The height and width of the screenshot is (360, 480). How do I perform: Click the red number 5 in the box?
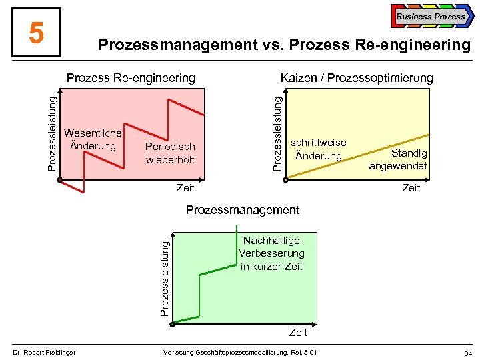37,33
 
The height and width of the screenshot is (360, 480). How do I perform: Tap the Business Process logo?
430,16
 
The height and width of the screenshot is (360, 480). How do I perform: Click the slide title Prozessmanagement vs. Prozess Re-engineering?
284,45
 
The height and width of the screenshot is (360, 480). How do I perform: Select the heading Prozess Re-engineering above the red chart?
131,78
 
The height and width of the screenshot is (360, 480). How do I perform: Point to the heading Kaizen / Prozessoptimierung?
357,78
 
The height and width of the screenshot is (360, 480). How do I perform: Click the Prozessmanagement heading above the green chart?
243,210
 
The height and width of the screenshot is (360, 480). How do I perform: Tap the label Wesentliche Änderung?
93,139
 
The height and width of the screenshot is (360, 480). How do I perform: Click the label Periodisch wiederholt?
170,153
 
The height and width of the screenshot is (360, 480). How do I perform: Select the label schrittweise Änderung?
318,149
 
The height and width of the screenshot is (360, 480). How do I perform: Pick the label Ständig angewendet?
399,159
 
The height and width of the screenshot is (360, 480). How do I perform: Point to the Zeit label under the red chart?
185,188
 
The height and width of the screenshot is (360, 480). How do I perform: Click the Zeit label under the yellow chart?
411,188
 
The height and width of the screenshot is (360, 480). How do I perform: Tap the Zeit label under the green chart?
298,332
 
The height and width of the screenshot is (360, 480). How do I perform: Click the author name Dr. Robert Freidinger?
45,352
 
